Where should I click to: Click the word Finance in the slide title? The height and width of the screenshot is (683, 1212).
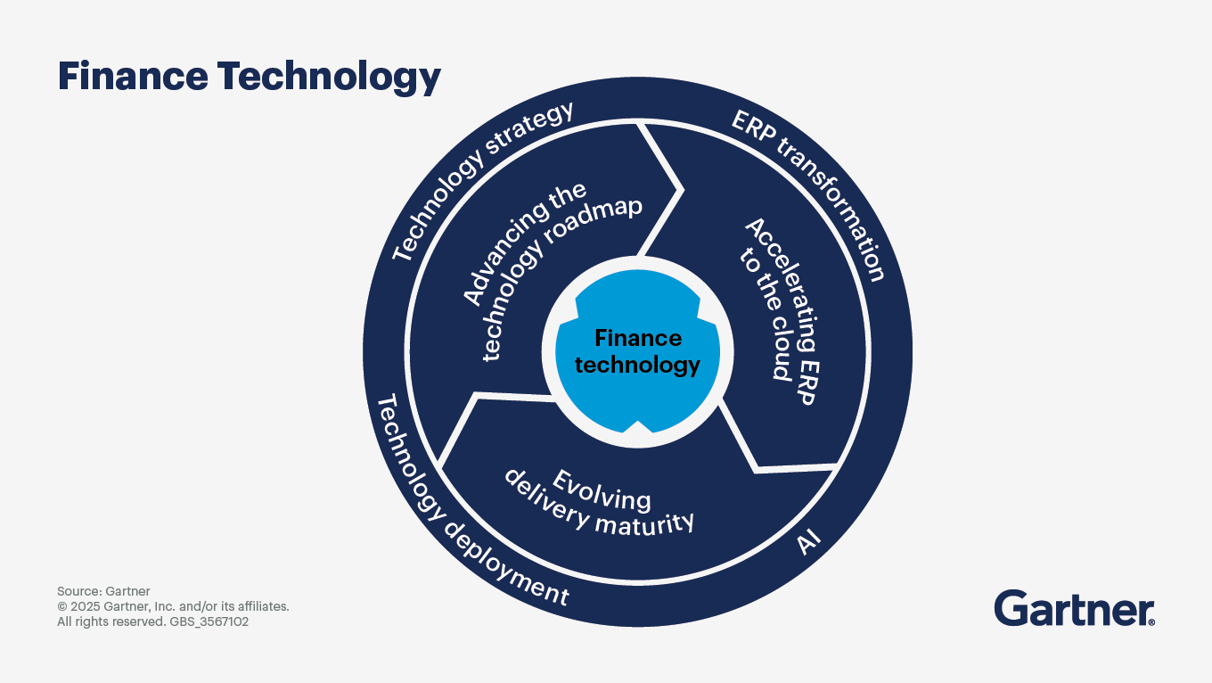pos(133,76)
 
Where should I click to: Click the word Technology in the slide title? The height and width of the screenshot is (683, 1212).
pos(329,78)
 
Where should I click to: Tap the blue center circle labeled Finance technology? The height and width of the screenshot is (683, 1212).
pos(637,352)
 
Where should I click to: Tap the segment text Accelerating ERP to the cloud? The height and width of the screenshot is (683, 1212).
pos(779,310)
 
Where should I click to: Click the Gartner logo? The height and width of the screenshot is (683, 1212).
pos(1074,608)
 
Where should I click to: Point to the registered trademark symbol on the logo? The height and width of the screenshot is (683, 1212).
pos(1151,622)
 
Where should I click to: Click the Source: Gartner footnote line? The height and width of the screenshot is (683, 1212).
pos(103,591)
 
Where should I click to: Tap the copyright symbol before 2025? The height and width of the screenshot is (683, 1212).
pos(61,606)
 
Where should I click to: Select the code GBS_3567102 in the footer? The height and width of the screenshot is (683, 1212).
pos(209,621)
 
